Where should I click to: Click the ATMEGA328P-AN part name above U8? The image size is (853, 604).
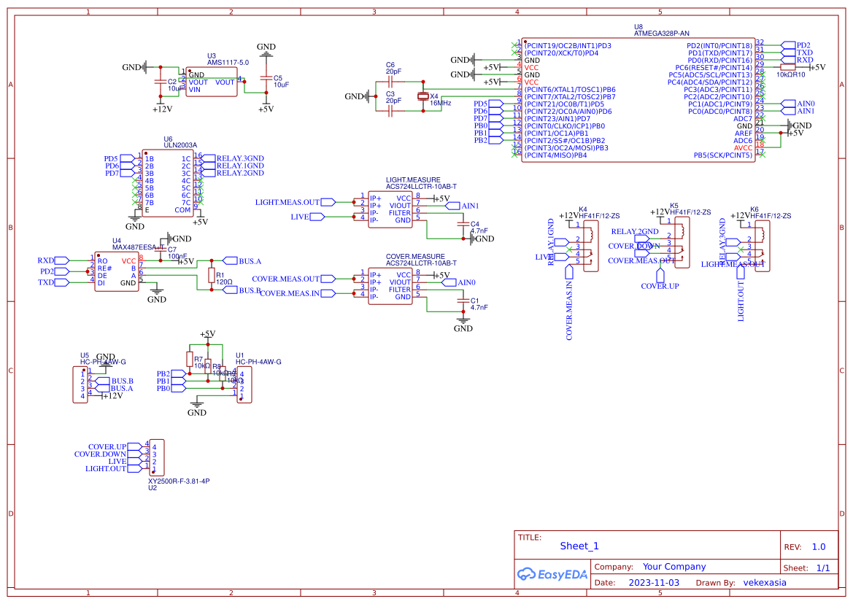pos(661,34)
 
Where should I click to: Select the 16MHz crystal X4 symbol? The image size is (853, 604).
pos(422,96)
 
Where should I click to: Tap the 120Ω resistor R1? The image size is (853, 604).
pos(211,275)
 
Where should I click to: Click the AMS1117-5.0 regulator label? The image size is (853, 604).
pos(228,63)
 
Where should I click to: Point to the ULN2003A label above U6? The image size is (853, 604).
pos(180,145)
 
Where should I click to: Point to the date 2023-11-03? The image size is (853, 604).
pos(654,583)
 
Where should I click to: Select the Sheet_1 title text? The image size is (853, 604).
pos(579,546)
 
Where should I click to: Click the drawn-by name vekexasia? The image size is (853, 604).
pos(765,583)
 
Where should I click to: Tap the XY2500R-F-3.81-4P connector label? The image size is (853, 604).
pos(179,481)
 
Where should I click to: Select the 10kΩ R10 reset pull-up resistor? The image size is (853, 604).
pos(787,67)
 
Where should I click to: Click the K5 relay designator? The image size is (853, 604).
pos(673,206)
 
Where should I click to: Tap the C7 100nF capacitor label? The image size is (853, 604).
pos(177,253)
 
